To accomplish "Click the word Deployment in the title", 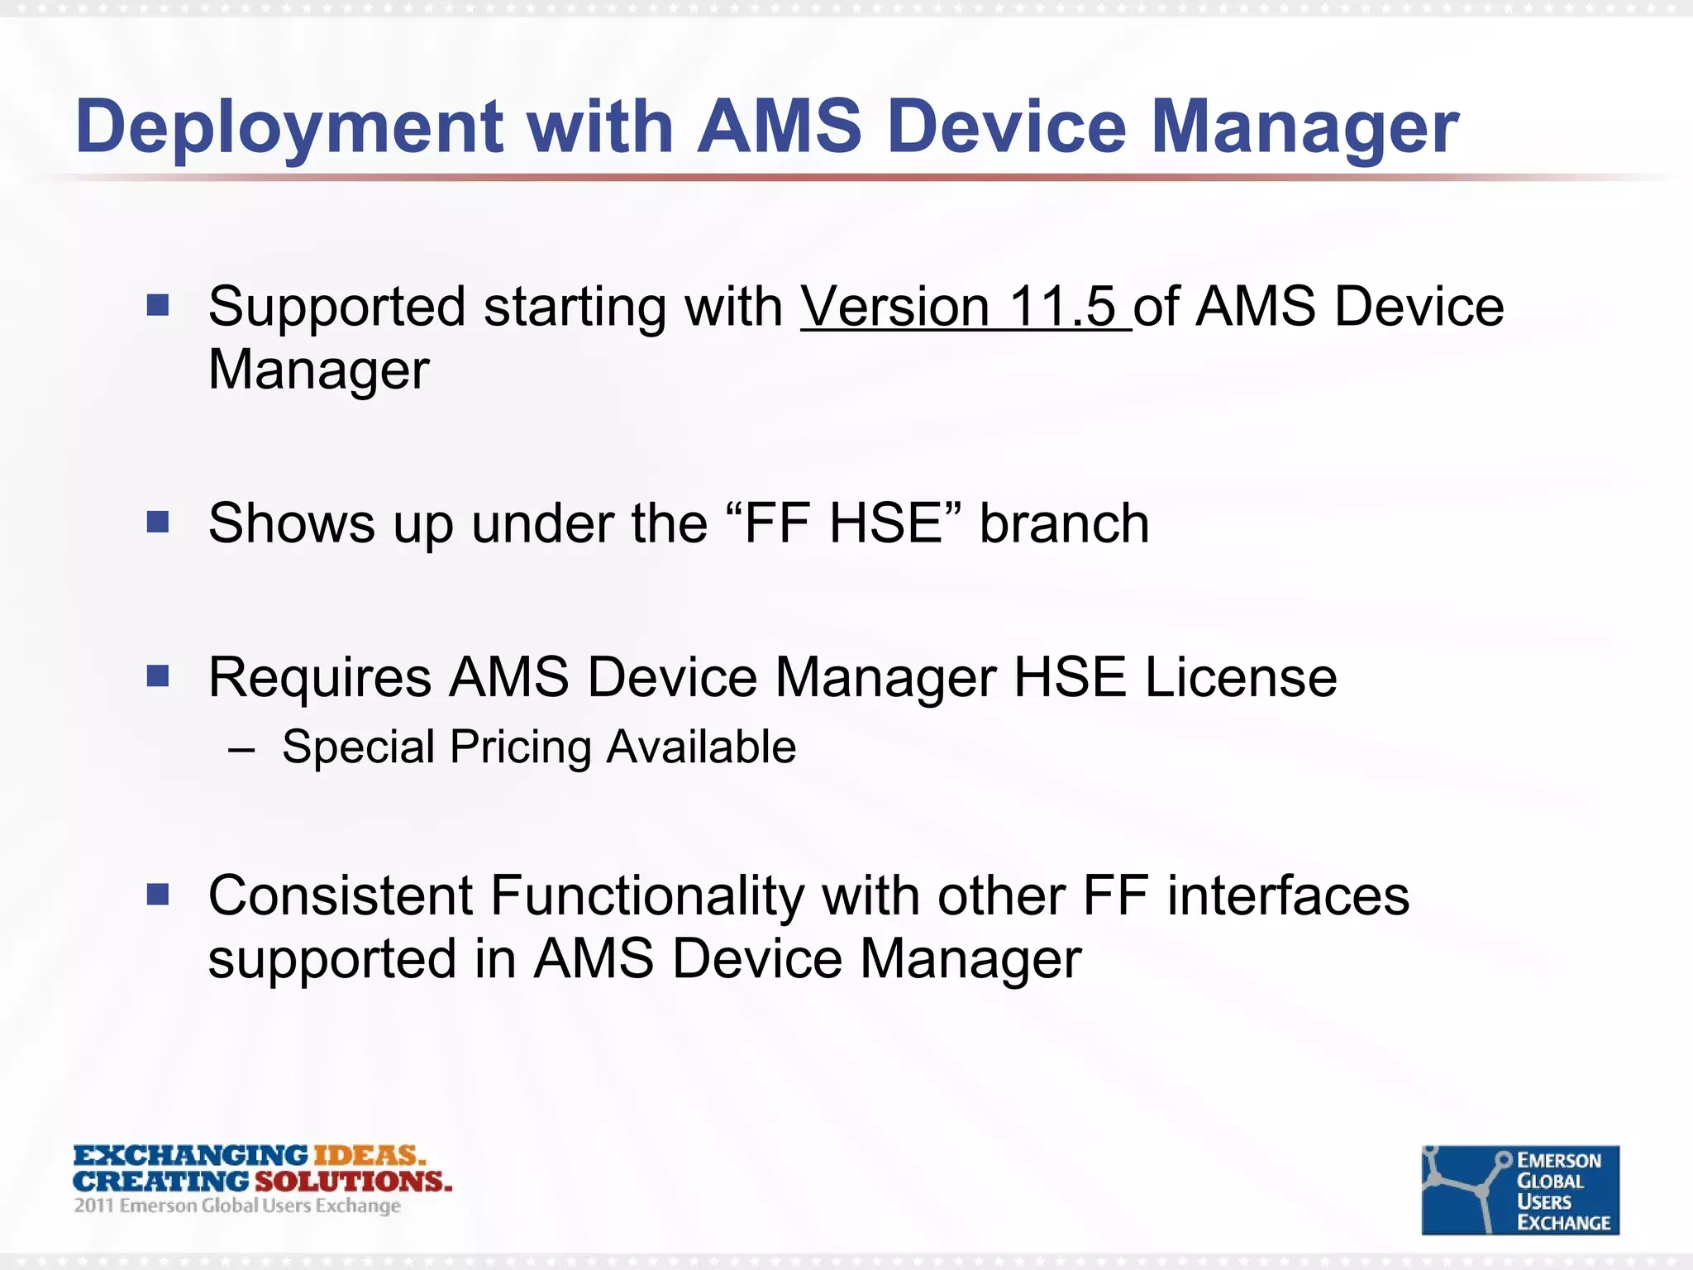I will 289,128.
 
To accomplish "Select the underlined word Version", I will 895,308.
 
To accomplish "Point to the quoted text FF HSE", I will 843,524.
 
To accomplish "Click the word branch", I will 1065,524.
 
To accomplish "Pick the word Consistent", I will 341,896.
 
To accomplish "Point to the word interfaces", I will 1288,896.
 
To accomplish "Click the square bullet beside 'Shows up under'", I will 158,523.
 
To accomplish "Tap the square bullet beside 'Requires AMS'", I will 158,677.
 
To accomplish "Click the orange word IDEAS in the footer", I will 367,1156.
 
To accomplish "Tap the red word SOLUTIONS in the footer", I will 353,1181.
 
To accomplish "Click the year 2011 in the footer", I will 93,1206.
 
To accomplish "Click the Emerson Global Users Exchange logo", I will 1519,1190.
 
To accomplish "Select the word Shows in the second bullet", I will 291,524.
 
